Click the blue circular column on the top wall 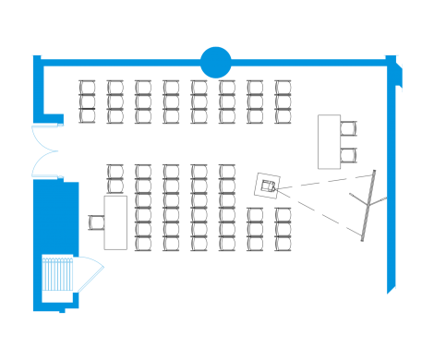(x=215, y=62)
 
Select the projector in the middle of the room (x=268, y=185)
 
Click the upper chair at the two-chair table (x=349, y=128)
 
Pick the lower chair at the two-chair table (x=349, y=153)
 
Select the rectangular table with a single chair (x=115, y=222)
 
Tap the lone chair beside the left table (x=96, y=222)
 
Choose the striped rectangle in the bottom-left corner (x=58, y=276)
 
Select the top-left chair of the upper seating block (x=88, y=88)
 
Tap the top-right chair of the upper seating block (x=283, y=88)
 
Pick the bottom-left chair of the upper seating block (x=88, y=116)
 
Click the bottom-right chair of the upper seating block (x=283, y=116)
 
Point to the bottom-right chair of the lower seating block (x=283, y=244)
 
